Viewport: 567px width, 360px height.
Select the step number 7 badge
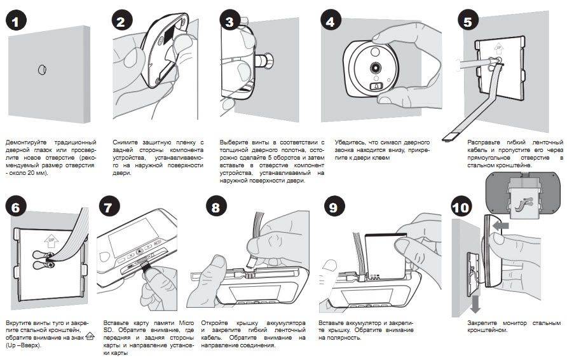tap(111, 207)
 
